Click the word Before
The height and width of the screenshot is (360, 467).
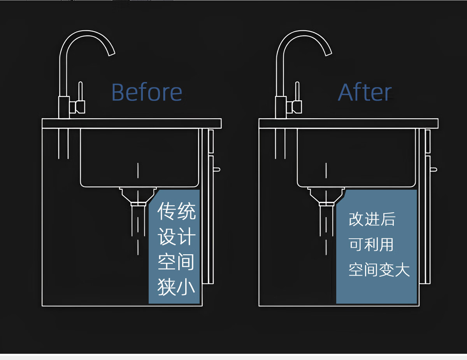(147, 93)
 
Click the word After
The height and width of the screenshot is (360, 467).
(365, 93)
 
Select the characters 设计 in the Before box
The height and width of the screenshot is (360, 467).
(176, 237)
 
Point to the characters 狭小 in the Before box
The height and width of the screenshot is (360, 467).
(176, 288)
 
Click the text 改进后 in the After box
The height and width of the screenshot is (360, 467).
(372, 220)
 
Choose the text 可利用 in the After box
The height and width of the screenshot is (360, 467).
(371, 245)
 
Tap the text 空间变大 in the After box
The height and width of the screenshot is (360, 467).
(379, 270)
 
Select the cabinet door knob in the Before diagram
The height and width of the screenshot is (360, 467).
(217, 169)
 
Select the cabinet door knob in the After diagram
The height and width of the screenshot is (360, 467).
(434, 169)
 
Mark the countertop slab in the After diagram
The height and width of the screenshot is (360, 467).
(348, 124)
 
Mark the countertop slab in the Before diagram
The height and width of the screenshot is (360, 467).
(132, 124)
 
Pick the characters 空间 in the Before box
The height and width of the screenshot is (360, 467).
(176, 262)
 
